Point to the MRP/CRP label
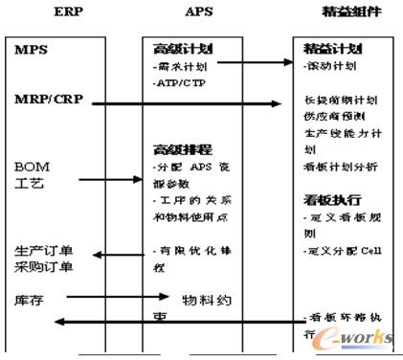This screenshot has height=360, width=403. [x=45, y=99]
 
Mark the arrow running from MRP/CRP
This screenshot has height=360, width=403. [x=191, y=100]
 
